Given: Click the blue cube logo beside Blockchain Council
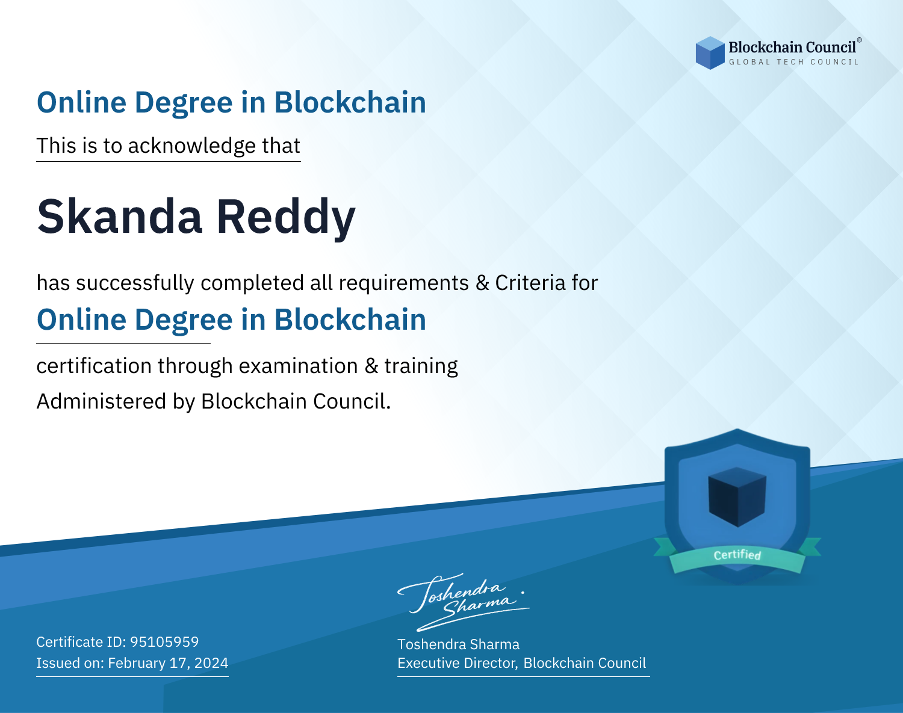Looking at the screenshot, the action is pos(710,53).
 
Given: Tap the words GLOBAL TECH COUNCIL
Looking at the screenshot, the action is pos(793,62).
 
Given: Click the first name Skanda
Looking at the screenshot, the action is pos(120,217).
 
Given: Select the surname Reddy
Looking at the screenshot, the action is pos(286,218).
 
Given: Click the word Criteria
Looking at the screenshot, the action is pos(530,283).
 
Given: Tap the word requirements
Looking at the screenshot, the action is pos(404,283).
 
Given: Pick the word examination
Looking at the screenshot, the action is pos(299,366).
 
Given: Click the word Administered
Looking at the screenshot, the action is pos(101,401).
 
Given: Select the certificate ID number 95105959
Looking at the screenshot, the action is pos(164,641).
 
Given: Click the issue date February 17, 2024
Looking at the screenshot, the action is pos(168,663).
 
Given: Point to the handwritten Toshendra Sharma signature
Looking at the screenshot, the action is pos(464,602).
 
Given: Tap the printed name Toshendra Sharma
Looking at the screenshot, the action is pos(458,644).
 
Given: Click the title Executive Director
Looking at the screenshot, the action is pos(457,663).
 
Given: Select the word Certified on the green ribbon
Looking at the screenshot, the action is pos(737,555).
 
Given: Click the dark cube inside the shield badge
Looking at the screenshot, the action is pos(737,497).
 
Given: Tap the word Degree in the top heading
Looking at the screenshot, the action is pos(184,103).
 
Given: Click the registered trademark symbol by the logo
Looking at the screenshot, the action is pos(860,40).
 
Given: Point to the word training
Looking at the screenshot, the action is pos(421,366).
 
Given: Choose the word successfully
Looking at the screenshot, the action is pos(135,283).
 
